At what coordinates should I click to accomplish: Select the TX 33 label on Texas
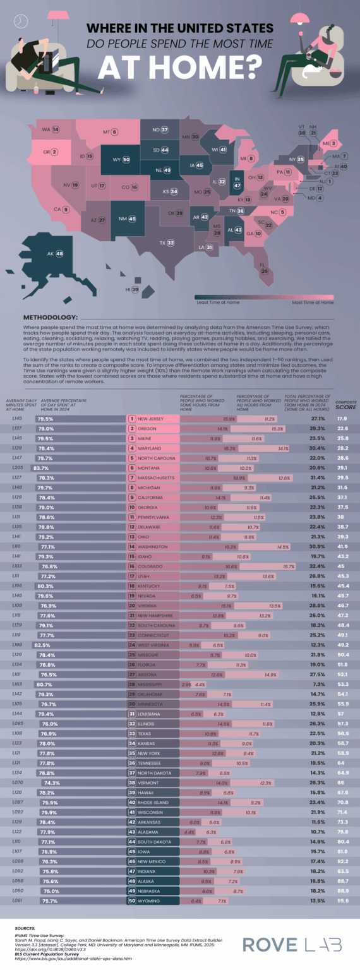pyautogui.click(x=167, y=242)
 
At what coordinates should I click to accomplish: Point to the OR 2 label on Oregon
pyautogui.click(x=50, y=152)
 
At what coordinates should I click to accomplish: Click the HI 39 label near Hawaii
pyautogui.click(x=131, y=289)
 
